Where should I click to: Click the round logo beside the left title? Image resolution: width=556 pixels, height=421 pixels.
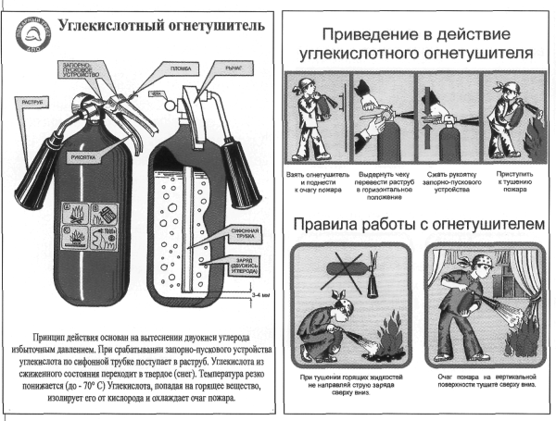(29, 36)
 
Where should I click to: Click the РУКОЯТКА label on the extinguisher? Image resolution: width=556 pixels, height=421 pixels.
(79, 156)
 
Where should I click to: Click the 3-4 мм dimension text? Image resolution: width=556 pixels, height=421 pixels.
(259, 297)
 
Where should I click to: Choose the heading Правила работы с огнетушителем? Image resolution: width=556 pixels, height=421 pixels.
(415, 226)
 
